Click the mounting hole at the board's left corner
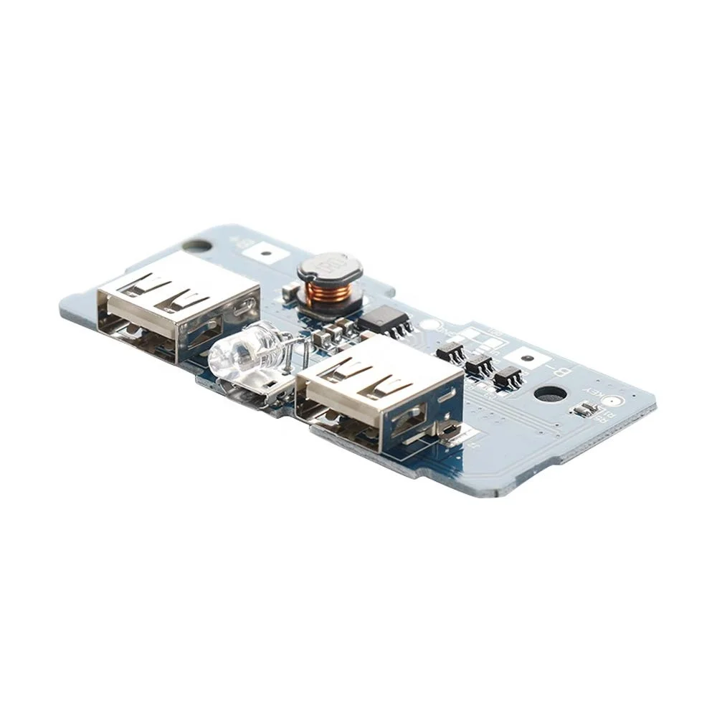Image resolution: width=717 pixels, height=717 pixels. click(x=202, y=245)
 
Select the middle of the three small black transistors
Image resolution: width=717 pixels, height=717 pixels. click(x=478, y=364)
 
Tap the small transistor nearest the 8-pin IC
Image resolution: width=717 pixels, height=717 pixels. click(x=450, y=351)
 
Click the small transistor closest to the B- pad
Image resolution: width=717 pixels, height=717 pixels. click(x=507, y=376)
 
